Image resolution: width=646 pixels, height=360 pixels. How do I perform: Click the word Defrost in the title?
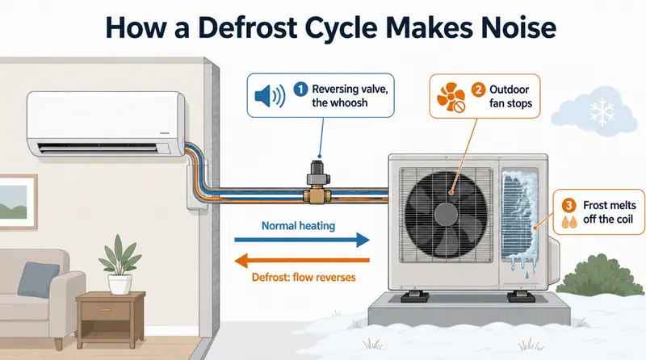[x=247, y=28]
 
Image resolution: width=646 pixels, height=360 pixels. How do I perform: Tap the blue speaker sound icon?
[x=270, y=96]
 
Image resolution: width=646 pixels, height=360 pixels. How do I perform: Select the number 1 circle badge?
[x=300, y=89]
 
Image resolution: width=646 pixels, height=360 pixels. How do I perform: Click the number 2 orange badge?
[x=478, y=90]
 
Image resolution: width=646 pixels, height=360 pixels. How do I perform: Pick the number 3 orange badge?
[x=569, y=205]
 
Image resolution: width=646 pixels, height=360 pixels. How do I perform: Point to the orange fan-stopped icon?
[x=451, y=97]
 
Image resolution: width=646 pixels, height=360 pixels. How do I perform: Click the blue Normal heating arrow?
[x=302, y=240]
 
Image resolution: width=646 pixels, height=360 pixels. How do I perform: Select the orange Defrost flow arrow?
[x=302, y=261]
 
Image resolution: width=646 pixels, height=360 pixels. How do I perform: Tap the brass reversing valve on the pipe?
[x=317, y=182]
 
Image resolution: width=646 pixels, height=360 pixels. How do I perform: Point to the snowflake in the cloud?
[x=602, y=111]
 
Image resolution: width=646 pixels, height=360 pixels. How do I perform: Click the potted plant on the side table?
[x=120, y=265]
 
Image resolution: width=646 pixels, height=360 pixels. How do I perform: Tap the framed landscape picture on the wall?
[x=18, y=202]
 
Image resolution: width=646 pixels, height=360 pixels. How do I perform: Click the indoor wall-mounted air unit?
[x=106, y=124]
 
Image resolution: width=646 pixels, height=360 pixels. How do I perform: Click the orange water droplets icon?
[x=569, y=222]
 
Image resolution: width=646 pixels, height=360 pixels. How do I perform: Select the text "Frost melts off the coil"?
[x=610, y=212]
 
